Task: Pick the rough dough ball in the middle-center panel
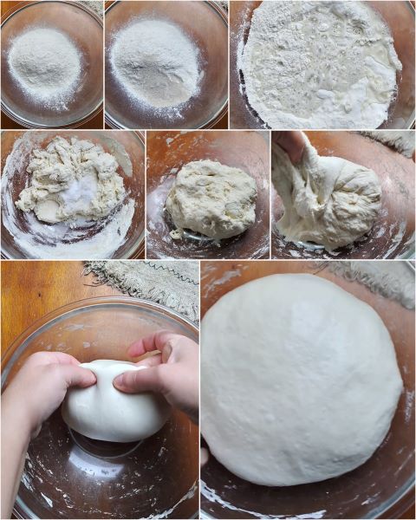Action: pyautogui.click(x=211, y=199)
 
